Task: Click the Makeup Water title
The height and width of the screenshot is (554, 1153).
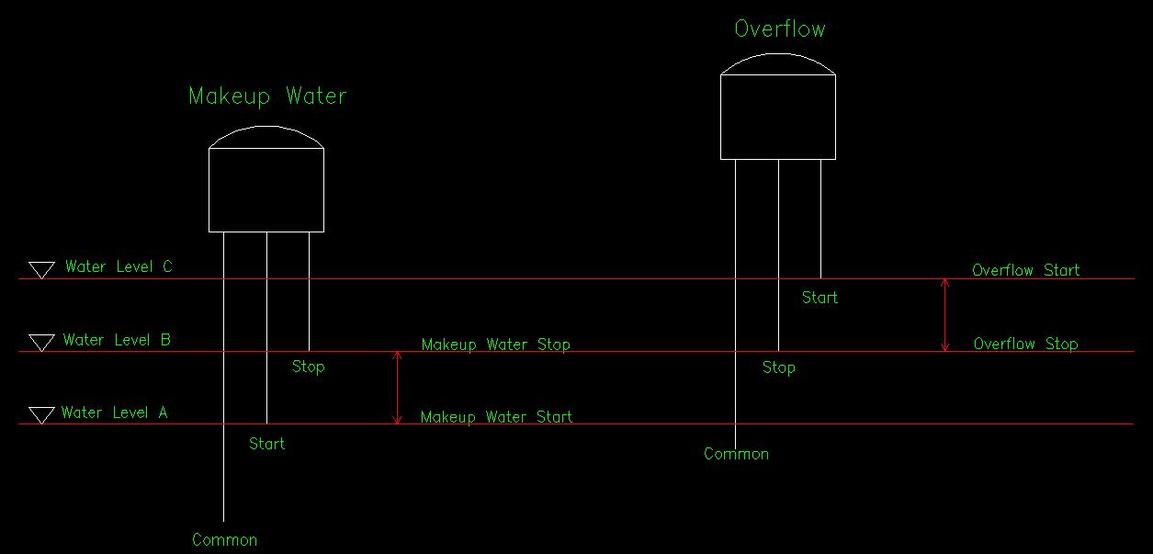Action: (x=267, y=96)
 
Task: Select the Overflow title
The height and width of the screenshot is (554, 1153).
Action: (x=779, y=29)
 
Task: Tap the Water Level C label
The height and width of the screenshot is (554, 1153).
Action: (x=119, y=267)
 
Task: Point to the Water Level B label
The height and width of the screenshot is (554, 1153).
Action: (x=117, y=340)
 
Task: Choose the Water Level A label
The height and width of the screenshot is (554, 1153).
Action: (x=115, y=413)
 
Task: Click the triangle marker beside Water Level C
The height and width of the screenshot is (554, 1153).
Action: (x=42, y=269)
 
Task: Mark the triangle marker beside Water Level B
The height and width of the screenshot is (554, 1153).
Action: (x=42, y=342)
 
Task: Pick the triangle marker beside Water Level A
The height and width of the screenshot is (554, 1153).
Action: (x=42, y=415)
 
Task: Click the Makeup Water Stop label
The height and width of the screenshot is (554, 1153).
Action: (x=496, y=345)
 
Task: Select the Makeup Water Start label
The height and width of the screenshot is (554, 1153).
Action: (x=496, y=417)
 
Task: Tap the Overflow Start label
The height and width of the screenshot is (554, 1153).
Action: (x=1025, y=270)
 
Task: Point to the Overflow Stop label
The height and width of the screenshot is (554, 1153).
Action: (x=1025, y=344)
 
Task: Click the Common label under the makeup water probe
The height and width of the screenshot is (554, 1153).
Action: (x=224, y=540)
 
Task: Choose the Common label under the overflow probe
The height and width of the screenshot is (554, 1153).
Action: (x=736, y=454)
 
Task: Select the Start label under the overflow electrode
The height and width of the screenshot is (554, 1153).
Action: (x=820, y=298)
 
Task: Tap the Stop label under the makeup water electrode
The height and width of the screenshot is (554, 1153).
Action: (x=308, y=367)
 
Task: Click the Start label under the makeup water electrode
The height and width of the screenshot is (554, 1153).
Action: (x=266, y=444)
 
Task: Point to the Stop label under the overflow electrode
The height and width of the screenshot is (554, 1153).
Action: (x=778, y=367)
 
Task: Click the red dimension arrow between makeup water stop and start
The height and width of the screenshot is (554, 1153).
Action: (x=397, y=388)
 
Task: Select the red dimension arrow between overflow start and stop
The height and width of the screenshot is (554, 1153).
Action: (x=944, y=315)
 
